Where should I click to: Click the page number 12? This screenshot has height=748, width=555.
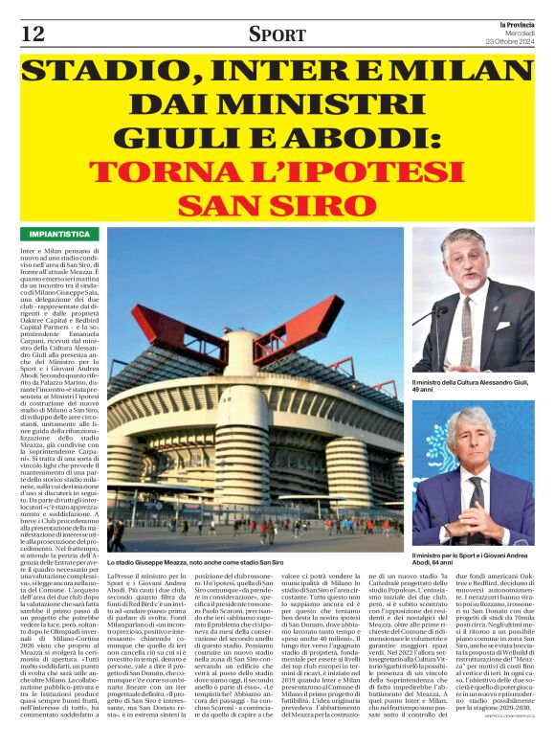coord(32,34)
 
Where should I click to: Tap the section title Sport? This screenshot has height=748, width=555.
coord(277,34)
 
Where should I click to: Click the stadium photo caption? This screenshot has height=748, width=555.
coord(209,561)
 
